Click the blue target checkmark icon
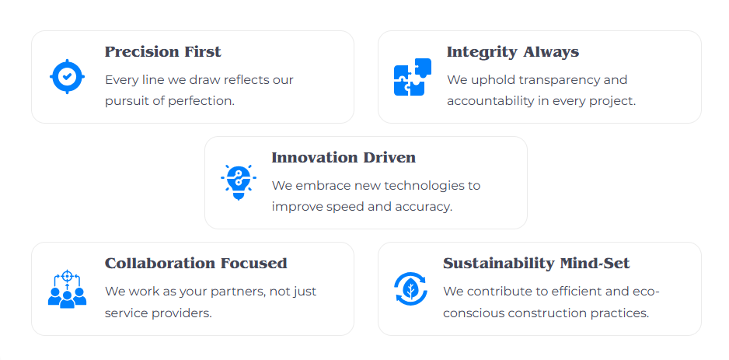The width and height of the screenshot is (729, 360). [x=67, y=77]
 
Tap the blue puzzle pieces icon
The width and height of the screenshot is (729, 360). [x=413, y=77]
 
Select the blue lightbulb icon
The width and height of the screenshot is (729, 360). [x=239, y=182]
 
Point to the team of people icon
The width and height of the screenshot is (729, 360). [x=67, y=288]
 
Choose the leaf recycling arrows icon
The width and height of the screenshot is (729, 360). [x=410, y=288]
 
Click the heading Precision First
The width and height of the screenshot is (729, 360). [x=162, y=51]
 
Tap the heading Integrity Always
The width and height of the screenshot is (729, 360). [x=513, y=52]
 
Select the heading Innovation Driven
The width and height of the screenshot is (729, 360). [x=344, y=158]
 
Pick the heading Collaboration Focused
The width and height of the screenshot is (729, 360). [x=196, y=264]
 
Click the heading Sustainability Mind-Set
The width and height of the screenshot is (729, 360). [x=536, y=264]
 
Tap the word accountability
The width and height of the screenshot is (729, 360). [x=490, y=101]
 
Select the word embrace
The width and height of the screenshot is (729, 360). [x=323, y=186]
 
